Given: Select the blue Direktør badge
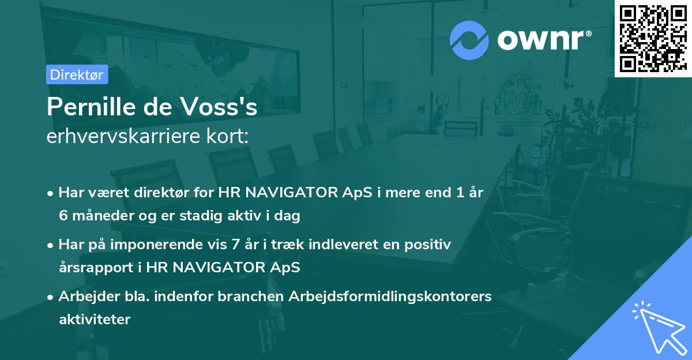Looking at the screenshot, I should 77,74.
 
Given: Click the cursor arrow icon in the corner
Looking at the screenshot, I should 658,326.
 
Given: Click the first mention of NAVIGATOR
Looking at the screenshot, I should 279,193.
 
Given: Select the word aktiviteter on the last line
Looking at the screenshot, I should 95,319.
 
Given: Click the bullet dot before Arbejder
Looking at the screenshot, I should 51,297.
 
